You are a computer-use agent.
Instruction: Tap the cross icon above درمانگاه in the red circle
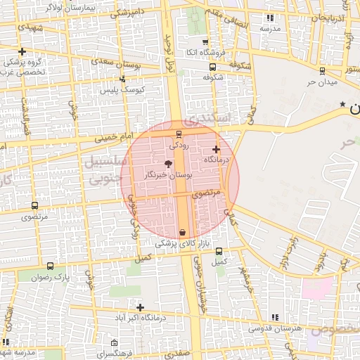[x=216, y=149]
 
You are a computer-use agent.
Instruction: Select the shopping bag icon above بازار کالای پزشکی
[x=183, y=232]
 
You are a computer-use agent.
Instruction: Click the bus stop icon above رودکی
[x=179, y=133]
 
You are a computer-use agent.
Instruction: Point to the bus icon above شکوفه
[x=212, y=67]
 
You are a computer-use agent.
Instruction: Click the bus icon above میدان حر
[x=322, y=70]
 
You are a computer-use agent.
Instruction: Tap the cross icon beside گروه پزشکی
[x=23, y=51]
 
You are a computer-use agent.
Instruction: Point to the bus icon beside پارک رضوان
[x=50, y=266]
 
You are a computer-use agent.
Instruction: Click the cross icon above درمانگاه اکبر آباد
[x=141, y=307]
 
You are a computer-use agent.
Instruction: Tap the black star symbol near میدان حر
[x=342, y=104]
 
